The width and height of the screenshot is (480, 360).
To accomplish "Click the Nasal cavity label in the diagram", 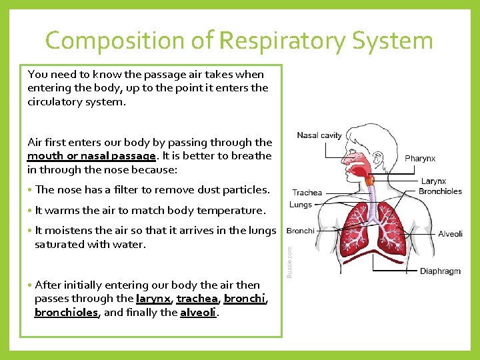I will (x=319, y=135).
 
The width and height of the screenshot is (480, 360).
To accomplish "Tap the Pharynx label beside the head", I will (x=420, y=159).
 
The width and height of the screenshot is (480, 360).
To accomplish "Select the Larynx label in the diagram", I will (x=433, y=181).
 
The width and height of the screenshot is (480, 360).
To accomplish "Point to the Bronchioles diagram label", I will (x=440, y=191).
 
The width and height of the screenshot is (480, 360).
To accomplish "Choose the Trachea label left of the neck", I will (x=307, y=193).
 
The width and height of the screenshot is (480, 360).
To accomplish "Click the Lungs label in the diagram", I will (x=301, y=205).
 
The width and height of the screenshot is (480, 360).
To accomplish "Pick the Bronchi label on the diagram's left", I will (x=300, y=231).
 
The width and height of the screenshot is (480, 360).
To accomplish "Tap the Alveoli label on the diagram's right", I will (x=450, y=234).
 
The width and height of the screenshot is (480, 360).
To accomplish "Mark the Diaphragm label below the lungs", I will (x=440, y=271).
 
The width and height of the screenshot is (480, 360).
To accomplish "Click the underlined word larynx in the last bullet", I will (x=154, y=299).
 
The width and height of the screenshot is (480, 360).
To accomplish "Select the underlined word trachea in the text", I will (x=197, y=299).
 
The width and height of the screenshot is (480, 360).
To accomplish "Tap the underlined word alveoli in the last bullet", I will (x=198, y=312).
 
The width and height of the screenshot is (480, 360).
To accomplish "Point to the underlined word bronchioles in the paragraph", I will (x=66, y=312).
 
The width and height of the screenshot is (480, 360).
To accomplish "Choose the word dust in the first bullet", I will (x=185, y=190).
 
